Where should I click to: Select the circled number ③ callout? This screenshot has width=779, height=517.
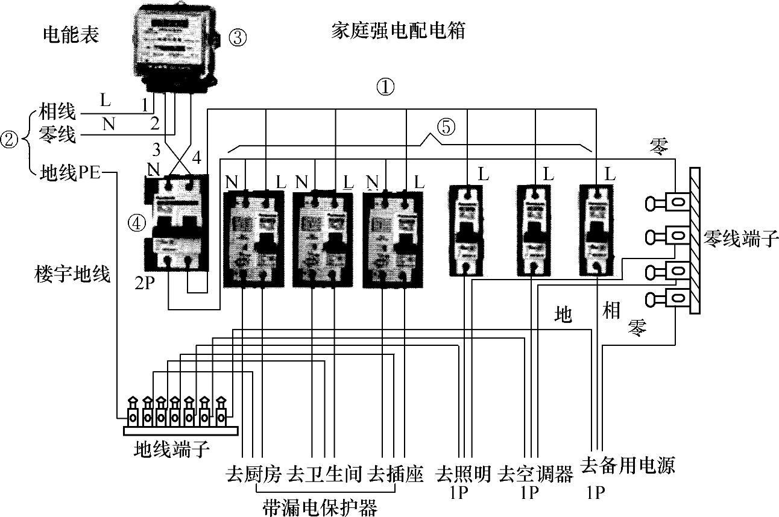pyautogui.click(x=238, y=38)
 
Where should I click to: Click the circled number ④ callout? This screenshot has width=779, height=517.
pyautogui.click(x=137, y=223)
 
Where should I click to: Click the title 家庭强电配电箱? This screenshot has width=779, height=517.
pyautogui.click(x=399, y=31)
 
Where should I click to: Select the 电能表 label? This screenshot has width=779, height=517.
pyautogui.click(x=71, y=35)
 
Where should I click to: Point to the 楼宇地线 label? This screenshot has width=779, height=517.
pyautogui.click(x=72, y=275)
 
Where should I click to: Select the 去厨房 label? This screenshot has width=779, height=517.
pyautogui.click(x=253, y=474)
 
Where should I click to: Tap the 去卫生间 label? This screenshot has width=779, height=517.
pyautogui.click(x=325, y=474)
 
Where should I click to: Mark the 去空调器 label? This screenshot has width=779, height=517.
pyautogui.click(x=535, y=474)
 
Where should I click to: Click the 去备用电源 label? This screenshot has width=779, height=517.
pyautogui.click(x=627, y=466)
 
